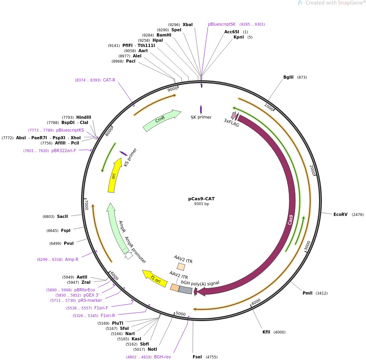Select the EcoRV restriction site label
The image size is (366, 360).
pyautogui.click(x=340, y=215)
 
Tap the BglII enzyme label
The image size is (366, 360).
pyautogui.click(x=289, y=77)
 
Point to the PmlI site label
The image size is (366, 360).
pyautogui.click(x=307, y=293)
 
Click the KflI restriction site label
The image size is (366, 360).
pyautogui.click(x=266, y=332)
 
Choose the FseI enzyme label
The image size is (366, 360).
pyautogui.click(x=197, y=357)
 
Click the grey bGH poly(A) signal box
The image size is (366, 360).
pyautogui.click(x=185, y=290)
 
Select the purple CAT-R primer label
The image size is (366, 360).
pyautogui.click(x=109, y=80)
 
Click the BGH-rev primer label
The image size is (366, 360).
pyautogui.click(x=163, y=357)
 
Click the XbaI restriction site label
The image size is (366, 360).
pyautogui.click(x=187, y=24)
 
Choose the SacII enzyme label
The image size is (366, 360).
pyautogui.click(x=62, y=216)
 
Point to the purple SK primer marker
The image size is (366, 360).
pyautogui.click(x=201, y=109)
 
